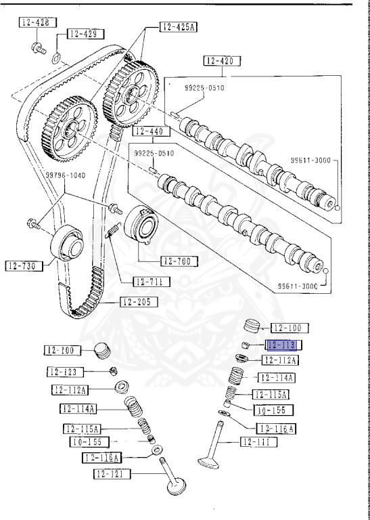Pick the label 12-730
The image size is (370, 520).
pos(24,265)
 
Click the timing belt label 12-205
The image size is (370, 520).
pos(140,302)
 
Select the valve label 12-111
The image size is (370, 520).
pos(260,442)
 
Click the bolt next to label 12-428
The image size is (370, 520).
pos(38,47)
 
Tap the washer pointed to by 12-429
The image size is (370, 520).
pos(57,59)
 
